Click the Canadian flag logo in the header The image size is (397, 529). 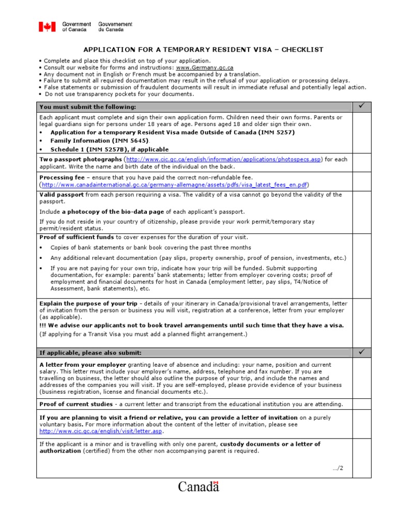(x=47, y=27)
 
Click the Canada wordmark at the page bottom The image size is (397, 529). (x=198, y=487)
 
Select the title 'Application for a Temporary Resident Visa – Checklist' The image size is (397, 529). (x=204, y=50)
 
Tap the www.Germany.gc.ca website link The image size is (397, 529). (x=205, y=68)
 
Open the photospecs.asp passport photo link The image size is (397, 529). (x=223, y=160)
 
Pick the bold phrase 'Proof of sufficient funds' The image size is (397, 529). (x=77, y=237)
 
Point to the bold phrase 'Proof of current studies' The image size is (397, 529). (x=75, y=404)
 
